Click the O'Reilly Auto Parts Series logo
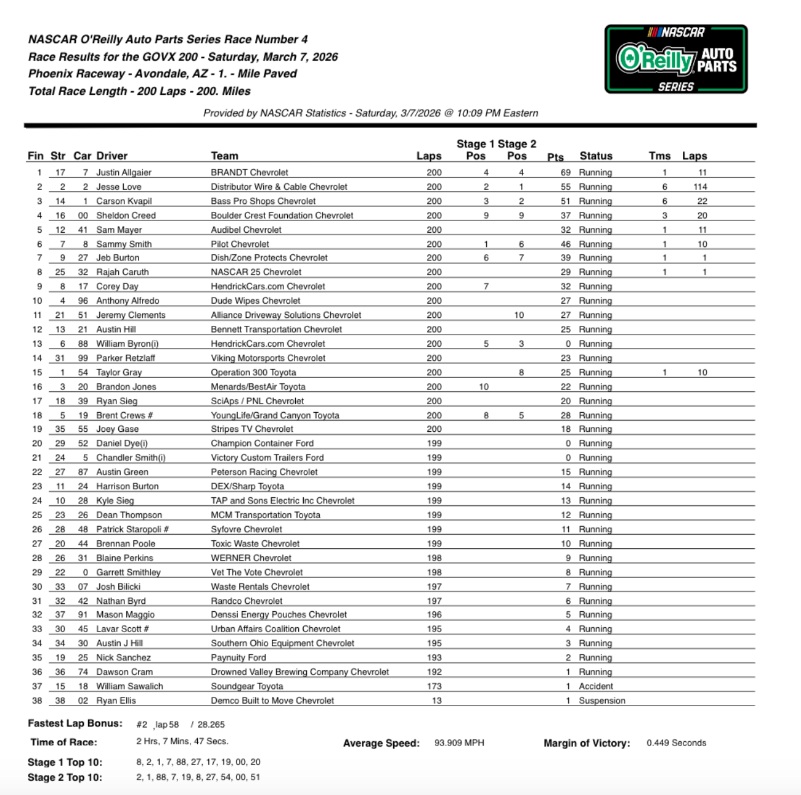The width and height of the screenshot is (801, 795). click(x=675, y=59)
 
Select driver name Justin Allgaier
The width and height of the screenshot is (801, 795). click(x=124, y=173)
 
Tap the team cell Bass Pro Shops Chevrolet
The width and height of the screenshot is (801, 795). click(x=263, y=201)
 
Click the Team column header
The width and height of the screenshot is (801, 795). click(x=225, y=156)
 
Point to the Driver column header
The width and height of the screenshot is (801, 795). click(x=112, y=156)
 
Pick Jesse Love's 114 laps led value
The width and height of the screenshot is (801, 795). click(x=701, y=187)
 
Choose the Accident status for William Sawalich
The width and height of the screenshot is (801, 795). click(x=596, y=687)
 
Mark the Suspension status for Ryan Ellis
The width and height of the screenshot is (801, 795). click(x=602, y=701)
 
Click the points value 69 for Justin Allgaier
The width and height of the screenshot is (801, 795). click(x=565, y=173)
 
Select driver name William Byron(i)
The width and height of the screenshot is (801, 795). click(x=127, y=344)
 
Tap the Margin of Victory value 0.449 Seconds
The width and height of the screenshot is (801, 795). click(x=676, y=743)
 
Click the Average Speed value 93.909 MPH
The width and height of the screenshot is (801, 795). click(x=459, y=743)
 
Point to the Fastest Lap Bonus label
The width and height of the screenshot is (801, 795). click(x=75, y=723)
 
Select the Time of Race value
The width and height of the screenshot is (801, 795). click(x=182, y=741)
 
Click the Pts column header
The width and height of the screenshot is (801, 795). click(x=555, y=157)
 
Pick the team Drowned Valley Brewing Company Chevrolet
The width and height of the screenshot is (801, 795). click(x=300, y=672)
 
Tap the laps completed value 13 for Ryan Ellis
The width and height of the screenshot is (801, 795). click(x=436, y=701)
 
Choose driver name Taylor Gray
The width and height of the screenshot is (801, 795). click(x=119, y=372)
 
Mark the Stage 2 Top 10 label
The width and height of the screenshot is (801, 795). click(x=65, y=777)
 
